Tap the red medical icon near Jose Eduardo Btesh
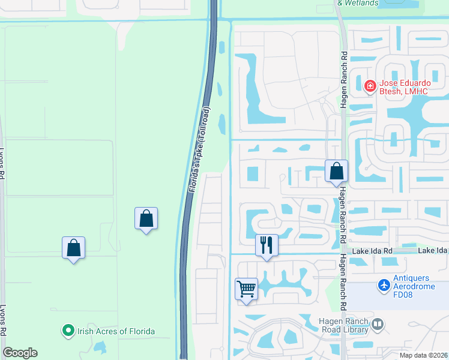pos(370,86)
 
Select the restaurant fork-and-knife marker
pos(267,245)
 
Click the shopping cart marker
pos(246,289)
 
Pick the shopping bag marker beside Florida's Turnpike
pos(146,218)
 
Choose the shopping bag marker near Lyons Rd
pos(73,247)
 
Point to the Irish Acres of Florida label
pos(115,331)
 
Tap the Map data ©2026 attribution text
pos(423,355)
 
